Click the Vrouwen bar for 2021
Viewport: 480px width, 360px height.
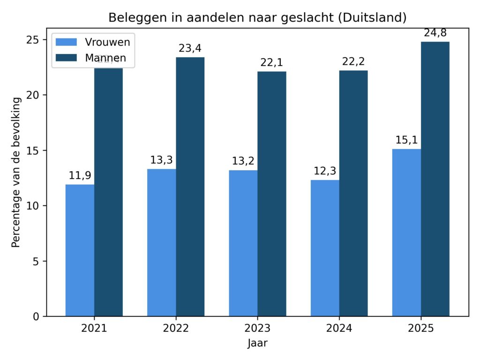80,250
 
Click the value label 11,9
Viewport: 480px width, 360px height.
80,176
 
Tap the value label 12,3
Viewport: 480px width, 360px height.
325,172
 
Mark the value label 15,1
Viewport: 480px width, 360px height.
406,140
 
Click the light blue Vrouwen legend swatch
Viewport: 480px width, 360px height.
66,42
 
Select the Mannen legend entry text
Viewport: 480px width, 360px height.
105,58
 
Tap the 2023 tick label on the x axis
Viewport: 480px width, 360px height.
257,328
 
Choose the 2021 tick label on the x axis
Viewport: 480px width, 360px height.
94,328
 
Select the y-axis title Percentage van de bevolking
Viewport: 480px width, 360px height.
16,172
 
